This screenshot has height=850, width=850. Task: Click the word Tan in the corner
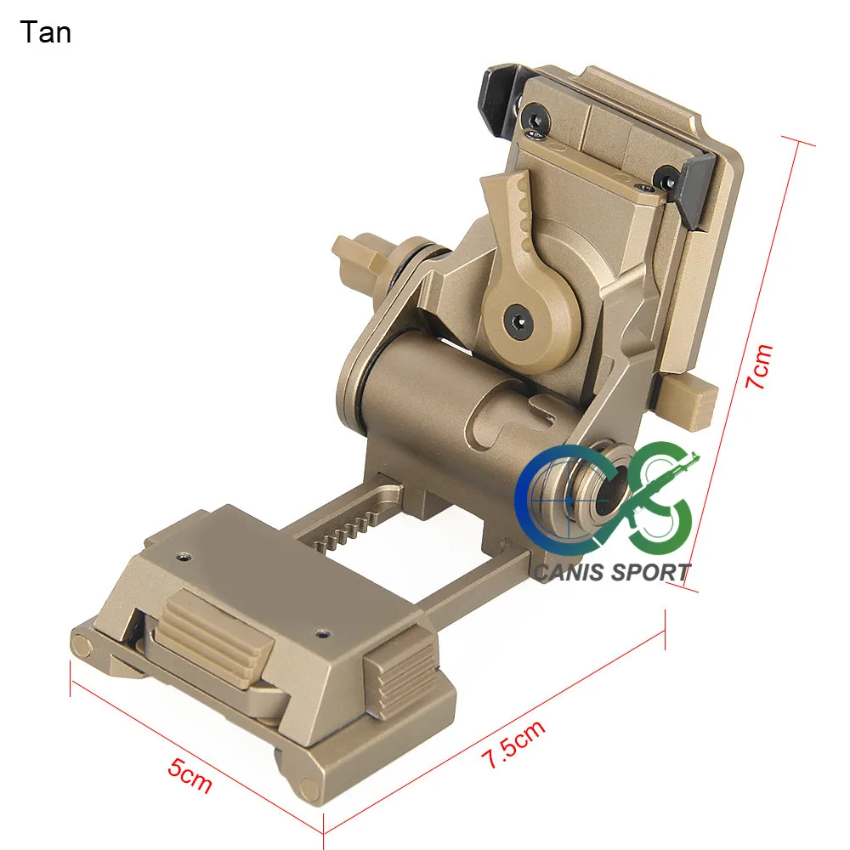(x=46, y=32)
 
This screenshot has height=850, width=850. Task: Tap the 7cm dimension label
(x=758, y=366)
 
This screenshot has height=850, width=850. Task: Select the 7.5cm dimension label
(x=513, y=745)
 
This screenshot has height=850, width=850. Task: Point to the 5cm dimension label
(x=190, y=776)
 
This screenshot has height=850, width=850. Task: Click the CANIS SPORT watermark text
(x=612, y=572)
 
